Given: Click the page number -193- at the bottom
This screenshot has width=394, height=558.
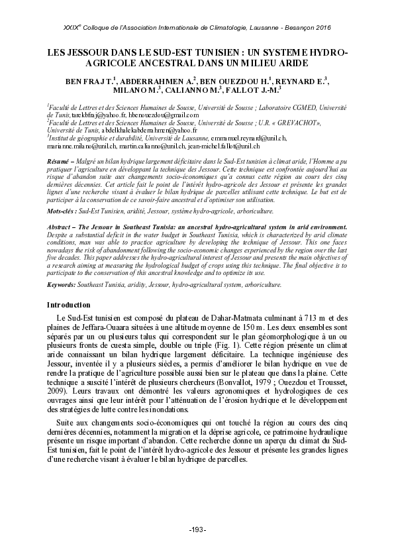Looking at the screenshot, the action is pos(197,530).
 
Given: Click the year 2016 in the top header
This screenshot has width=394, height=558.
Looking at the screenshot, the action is pos(319,27).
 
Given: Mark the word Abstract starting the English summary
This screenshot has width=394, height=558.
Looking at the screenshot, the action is pos(61,227).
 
